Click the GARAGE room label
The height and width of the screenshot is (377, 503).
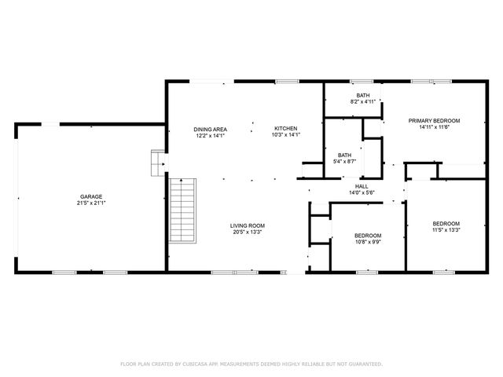(90, 196)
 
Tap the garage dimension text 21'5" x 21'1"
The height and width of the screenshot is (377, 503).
(90, 203)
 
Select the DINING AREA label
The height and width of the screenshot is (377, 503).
(211, 129)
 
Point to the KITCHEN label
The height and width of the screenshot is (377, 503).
(285, 129)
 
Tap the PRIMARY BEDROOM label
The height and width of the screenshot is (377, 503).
(434, 121)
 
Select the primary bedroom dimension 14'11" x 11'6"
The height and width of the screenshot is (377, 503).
(434, 127)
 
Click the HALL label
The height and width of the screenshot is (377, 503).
(362, 186)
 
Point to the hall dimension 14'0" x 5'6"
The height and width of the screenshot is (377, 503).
(362, 192)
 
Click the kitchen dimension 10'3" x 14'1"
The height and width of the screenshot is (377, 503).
(285, 135)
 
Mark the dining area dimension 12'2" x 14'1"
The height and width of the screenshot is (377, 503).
(211, 135)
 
